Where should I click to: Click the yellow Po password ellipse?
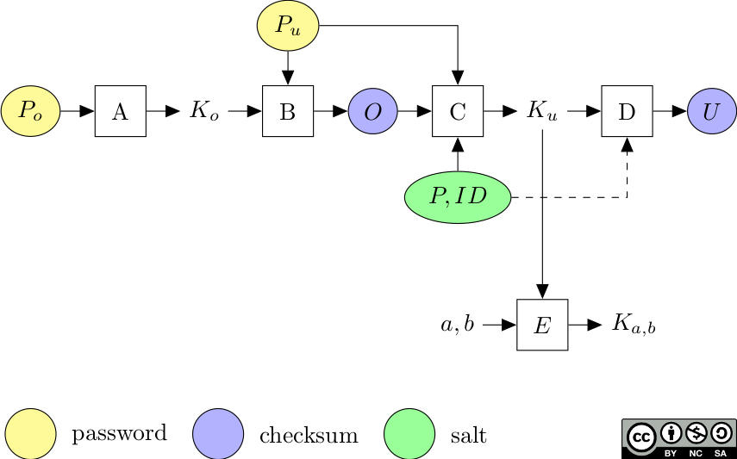click(x=30, y=111)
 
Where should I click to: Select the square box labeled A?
click(x=120, y=111)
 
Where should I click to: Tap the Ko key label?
click(x=204, y=111)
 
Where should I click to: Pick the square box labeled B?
click(x=288, y=111)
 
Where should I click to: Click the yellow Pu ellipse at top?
click(x=288, y=26)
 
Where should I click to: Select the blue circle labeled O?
click(x=372, y=111)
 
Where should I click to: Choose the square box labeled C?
click(x=458, y=111)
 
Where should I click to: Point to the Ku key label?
click(x=542, y=111)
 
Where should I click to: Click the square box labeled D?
click(x=627, y=111)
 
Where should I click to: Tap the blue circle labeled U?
click(x=712, y=111)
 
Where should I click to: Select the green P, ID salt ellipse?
click(x=458, y=197)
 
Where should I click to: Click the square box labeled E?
click(x=542, y=325)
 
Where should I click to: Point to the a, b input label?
click(x=458, y=325)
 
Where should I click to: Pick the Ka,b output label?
click(x=634, y=325)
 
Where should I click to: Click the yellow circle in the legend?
click(x=30, y=434)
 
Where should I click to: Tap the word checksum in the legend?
click(x=309, y=435)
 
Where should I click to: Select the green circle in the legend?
click(x=409, y=434)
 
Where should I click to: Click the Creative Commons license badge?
click(x=678, y=438)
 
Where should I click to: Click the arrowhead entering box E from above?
click(x=542, y=292)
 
